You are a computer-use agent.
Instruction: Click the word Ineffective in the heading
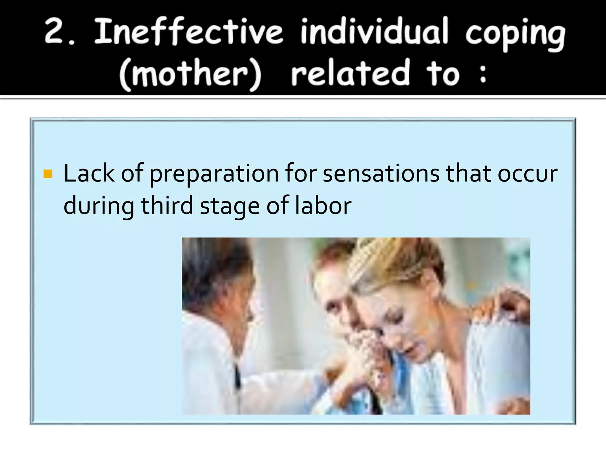(x=188, y=31)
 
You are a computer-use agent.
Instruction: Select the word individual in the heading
(x=374, y=31)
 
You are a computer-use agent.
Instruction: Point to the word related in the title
(x=350, y=73)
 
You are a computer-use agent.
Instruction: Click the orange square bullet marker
(x=48, y=174)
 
